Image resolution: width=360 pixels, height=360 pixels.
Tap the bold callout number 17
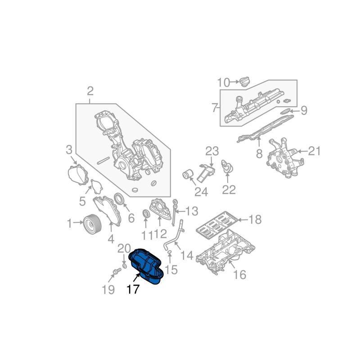(x=133, y=289)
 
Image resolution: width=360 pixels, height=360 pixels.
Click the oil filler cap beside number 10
(x=245, y=82)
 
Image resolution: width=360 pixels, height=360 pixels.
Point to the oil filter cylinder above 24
(x=188, y=175)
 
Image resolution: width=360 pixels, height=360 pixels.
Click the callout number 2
(x=90, y=91)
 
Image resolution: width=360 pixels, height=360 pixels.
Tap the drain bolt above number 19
(x=117, y=272)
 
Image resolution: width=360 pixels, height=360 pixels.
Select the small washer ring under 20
(x=125, y=266)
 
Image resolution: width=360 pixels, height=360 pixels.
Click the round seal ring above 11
(x=146, y=213)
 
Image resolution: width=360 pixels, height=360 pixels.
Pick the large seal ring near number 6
(x=119, y=199)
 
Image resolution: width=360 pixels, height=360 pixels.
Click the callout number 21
(x=314, y=151)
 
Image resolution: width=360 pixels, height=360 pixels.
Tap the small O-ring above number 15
(x=170, y=253)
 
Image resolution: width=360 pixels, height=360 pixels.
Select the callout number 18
(x=255, y=220)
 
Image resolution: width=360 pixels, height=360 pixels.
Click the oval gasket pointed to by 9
(x=285, y=111)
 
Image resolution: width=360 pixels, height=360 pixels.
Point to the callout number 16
(x=239, y=274)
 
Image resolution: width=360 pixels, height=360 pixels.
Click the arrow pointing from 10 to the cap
(x=234, y=81)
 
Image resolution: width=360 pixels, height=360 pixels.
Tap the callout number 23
(x=212, y=151)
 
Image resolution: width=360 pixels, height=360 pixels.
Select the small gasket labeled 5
(x=96, y=187)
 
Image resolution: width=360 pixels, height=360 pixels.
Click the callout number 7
(x=215, y=108)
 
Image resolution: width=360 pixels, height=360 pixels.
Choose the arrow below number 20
(x=124, y=259)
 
